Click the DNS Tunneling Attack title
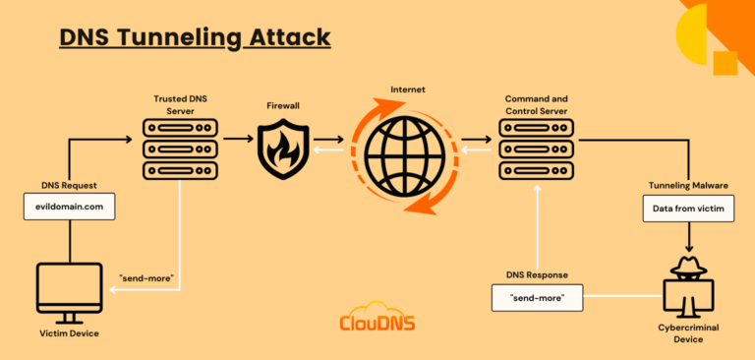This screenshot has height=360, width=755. click(x=195, y=37)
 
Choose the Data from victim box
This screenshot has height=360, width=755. click(x=687, y=208)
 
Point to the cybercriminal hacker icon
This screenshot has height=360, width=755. click(x=687, y=284)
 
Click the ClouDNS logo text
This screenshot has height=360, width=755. click(x=376, y=323)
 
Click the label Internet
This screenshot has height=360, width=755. click(x=406, y=89)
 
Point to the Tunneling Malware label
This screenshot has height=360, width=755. click(x=687, y=185)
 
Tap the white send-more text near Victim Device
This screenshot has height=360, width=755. click(x=147, y=278)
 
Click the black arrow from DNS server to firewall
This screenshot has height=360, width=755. click(x=236, y=140)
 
